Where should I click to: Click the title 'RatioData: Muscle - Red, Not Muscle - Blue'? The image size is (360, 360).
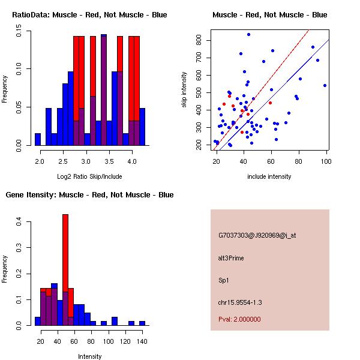(90, 14)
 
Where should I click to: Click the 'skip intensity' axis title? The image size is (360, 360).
(185, 90)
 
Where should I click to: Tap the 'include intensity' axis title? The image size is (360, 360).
(270, 176)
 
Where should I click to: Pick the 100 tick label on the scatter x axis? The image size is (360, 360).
(326, 161)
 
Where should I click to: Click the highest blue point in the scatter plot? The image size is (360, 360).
(248, 35)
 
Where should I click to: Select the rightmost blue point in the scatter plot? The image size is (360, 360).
(325, 85)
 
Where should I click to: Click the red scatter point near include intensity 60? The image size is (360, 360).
(271, 103)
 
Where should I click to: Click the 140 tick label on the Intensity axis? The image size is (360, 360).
(142, 341)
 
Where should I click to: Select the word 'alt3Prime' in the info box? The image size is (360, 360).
(231, 258)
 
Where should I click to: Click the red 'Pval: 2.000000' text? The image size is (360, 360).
(239, 319)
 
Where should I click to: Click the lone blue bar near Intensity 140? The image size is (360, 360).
(142, 323)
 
